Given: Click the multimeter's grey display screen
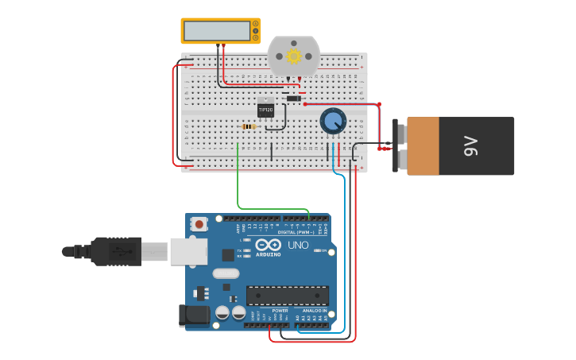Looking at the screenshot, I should [216, 30].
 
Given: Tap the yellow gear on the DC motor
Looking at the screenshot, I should [293, 56].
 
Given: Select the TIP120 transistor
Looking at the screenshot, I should [265, 109].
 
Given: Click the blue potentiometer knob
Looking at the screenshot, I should [333, 122].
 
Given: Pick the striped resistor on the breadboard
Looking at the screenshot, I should [249, 126].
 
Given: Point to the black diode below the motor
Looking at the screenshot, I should [293, 99].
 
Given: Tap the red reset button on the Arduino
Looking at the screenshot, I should [199, 224].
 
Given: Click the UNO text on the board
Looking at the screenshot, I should [298, 246].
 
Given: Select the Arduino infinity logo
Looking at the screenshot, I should [269, 245].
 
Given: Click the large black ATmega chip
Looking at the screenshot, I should [287, 296].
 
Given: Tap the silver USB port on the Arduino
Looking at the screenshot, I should [189, 252].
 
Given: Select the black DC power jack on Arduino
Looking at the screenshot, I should [194, 315].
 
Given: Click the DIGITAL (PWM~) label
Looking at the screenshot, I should [294, 232].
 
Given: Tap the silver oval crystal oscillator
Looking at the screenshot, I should [226, 273].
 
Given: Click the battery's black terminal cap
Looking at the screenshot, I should [396, 145].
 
